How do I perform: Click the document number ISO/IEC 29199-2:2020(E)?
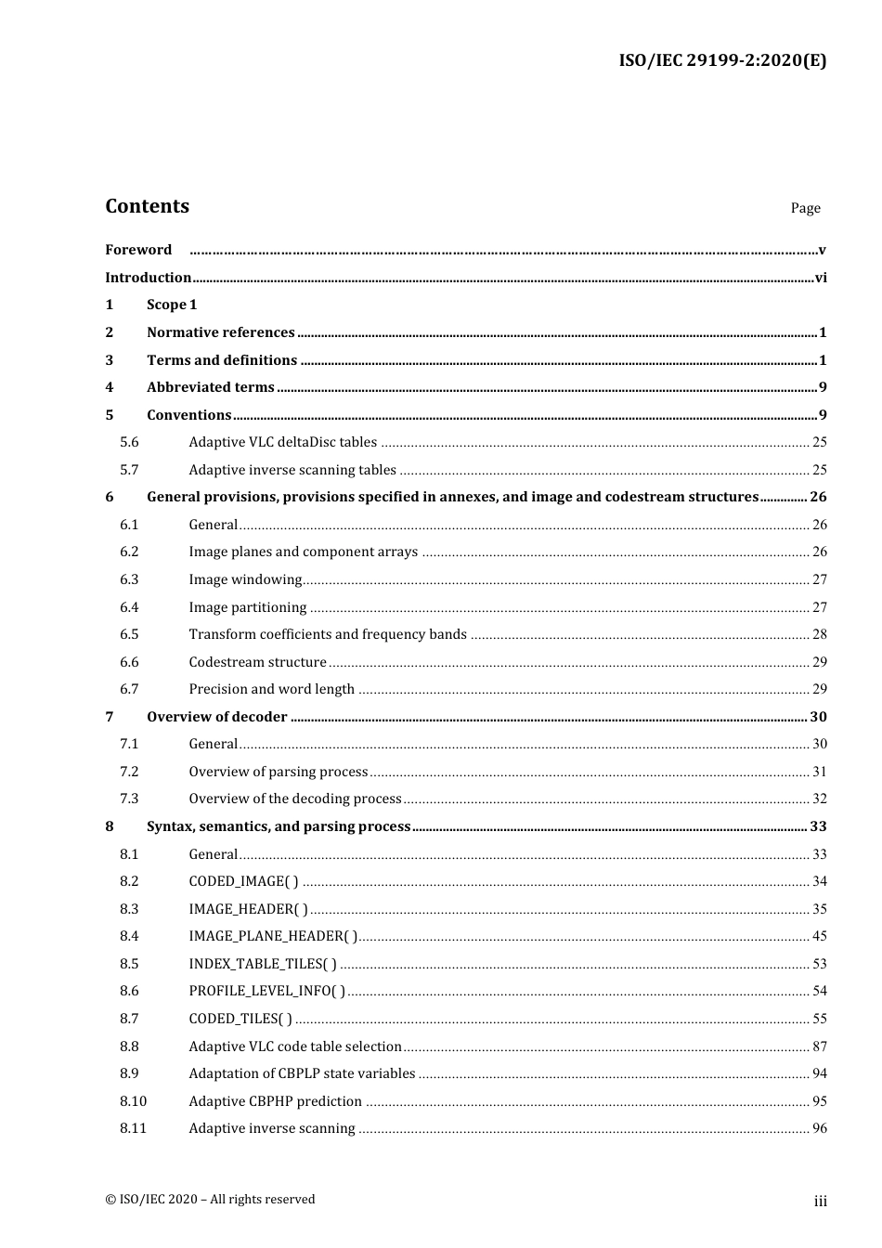coord(722,60)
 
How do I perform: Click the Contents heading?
coord(147,206)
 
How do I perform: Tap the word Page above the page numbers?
coord(805,208)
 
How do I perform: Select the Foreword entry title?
coord(138,250)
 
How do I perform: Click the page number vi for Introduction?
coord(821,278)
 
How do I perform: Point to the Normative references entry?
coord(220,332)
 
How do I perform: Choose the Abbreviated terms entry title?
coord(210,387)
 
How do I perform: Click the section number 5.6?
coord(129,442)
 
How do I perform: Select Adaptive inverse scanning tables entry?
coord(292,470)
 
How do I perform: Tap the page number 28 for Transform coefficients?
coord(819,634)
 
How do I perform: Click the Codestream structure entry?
coord(257,662)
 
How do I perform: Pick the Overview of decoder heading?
coord(216,717)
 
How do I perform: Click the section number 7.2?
coord(129,772)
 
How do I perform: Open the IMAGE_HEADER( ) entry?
coord(248,909)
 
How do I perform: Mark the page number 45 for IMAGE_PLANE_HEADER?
coord(819,936)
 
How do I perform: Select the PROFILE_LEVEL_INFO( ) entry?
coord(266,991)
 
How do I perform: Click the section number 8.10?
coord(133,1101)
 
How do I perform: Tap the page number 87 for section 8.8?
coord(819,1046)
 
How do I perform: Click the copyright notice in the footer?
coord(210,1199)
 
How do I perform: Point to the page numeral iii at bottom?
coord(820,1201)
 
